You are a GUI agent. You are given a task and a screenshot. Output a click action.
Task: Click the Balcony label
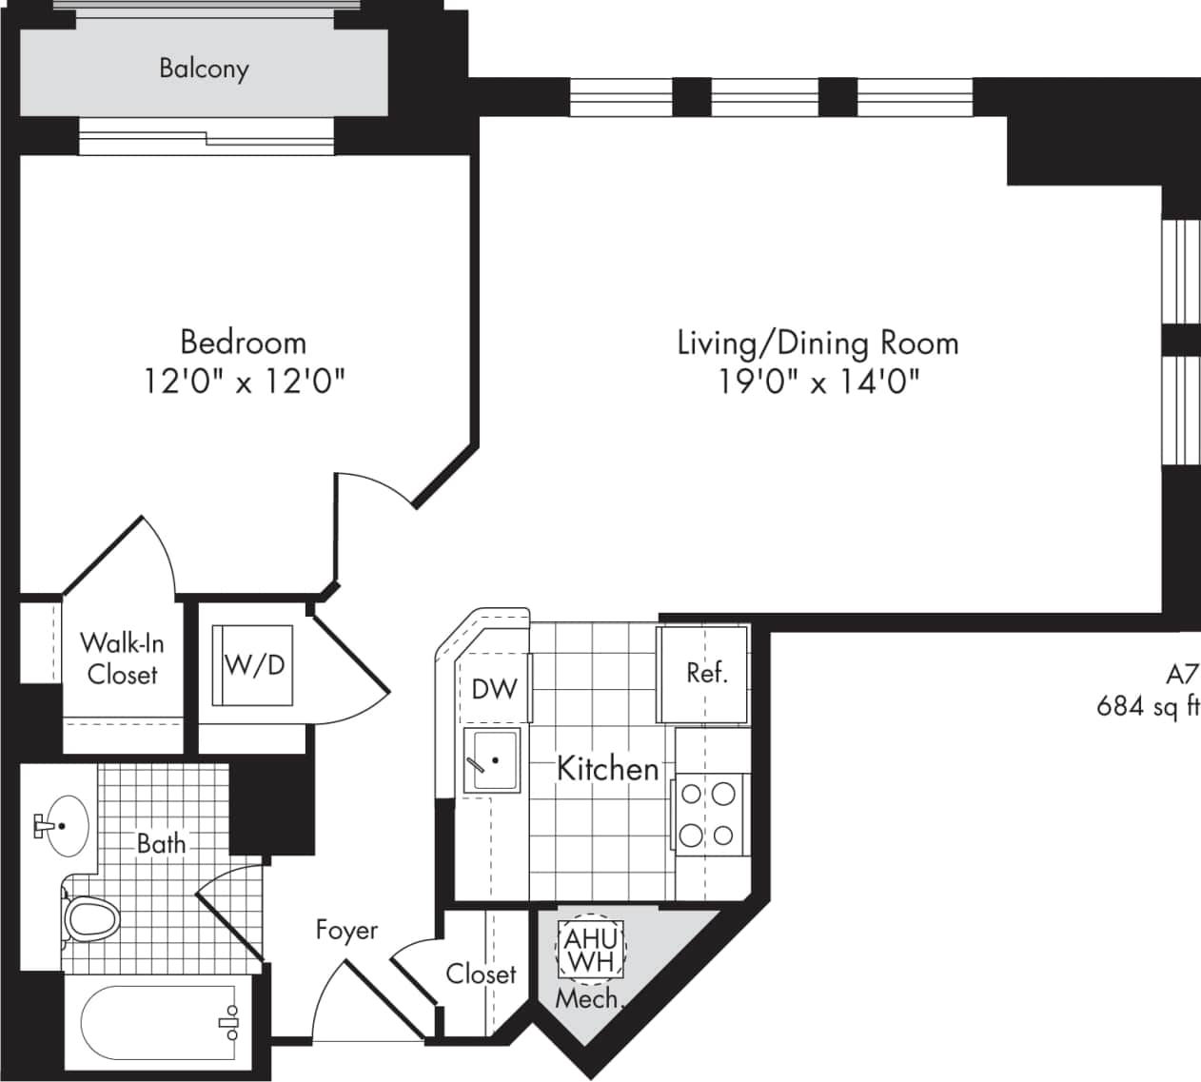click(x=204, y=69)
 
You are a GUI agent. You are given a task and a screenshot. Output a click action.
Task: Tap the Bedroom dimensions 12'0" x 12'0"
click(x=244, y=382)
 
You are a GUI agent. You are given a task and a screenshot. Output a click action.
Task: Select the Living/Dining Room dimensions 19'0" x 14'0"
click(x=818, y=382)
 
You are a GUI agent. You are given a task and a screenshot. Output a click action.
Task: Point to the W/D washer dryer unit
click(x=253, y=664)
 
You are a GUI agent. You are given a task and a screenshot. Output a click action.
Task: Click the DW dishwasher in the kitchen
click(x=494, y=688)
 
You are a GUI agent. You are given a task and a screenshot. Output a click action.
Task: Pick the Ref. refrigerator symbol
click(x=705, y=674)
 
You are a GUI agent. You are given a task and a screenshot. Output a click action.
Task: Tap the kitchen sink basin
click(x=492, y=761)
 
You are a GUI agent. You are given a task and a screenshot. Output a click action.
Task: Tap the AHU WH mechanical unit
click(x=591, y=949)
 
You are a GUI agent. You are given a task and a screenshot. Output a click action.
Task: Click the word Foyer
click(x=346, y=930)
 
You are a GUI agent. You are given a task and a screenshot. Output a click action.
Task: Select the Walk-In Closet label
click(x=122, y=659)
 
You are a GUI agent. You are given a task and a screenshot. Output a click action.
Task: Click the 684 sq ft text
click(x=1147, y=706)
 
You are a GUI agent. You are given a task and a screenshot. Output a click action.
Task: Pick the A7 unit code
click(x=1181, y=674)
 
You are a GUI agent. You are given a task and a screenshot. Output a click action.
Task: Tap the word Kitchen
click(x=607, y=768)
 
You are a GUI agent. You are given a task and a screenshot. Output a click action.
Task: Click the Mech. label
click(x=586, y=999)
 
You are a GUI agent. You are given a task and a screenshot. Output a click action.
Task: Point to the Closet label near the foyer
click(x=481, y=974)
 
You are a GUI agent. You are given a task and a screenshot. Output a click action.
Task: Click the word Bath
click(x=161, y=843)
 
